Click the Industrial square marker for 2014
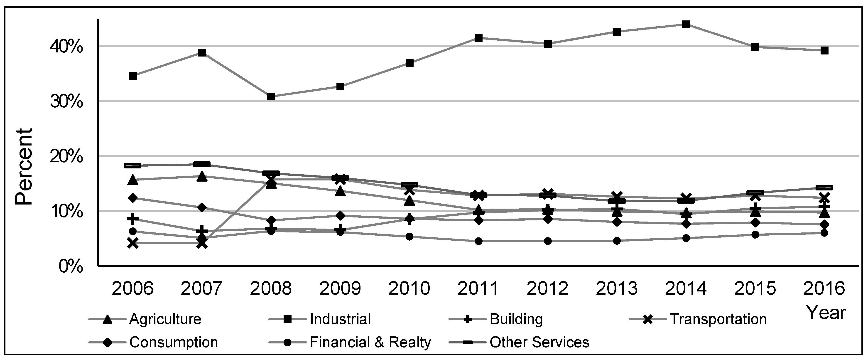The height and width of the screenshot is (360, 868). point(686,24)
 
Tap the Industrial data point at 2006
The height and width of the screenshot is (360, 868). point(133,76)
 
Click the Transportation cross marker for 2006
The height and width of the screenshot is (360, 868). point(133,243)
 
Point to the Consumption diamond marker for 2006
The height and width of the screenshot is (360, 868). point(133,198)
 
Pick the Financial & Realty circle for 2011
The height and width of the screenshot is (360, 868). point(478,241)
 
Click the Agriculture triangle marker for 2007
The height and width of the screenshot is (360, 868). point(202,176)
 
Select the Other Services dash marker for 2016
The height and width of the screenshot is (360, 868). point(824,188)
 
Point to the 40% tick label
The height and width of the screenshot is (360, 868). point(67,47)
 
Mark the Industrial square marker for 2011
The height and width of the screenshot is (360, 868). point(478,38)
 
